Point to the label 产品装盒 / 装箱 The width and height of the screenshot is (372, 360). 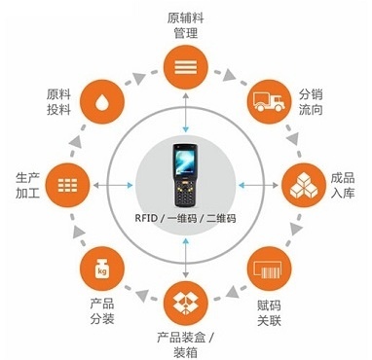185,343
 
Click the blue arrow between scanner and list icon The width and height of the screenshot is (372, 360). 185,114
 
